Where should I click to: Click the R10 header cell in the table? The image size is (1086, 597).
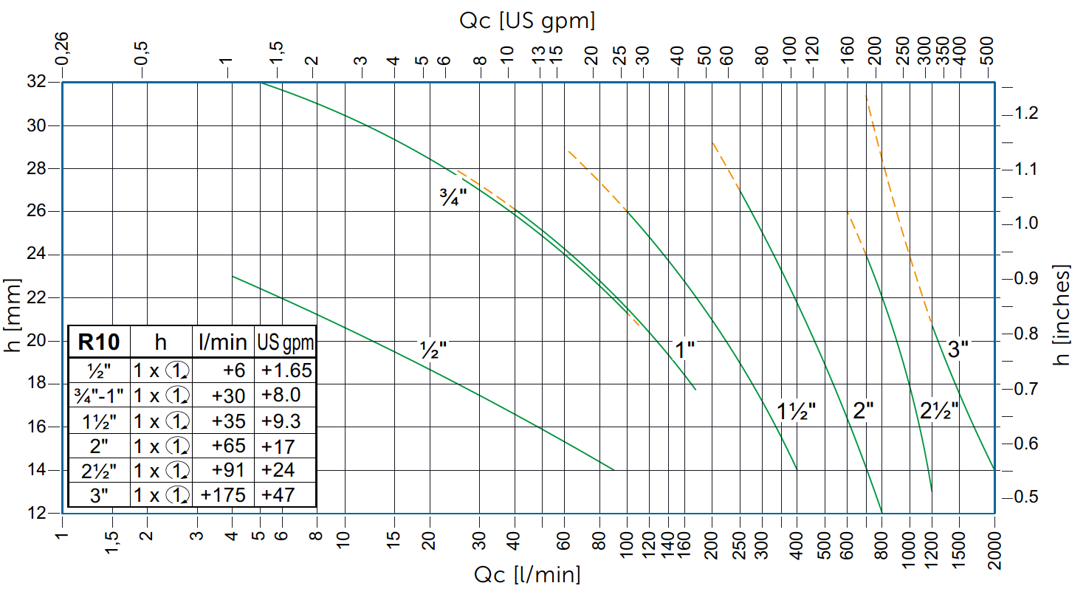coord(99,342)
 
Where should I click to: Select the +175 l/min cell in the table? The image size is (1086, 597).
coord(223,495)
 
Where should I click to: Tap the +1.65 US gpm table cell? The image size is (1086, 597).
coord(286,370)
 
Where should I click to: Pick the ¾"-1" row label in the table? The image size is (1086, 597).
coord(99,396)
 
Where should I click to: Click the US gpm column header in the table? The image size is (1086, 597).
coord(286,342)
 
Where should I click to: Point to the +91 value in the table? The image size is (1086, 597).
coord(228,470)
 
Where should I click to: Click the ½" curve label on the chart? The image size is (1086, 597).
coord(433,350)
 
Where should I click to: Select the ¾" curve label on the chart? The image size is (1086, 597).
coord(453,197)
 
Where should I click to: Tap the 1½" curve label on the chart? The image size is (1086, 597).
coord(797,412)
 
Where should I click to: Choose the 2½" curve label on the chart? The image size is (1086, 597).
coord(940,412)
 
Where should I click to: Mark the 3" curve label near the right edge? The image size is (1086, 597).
coord(958,349)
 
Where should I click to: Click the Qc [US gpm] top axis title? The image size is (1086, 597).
coord(527,21)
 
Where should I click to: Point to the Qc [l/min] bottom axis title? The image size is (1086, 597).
coord(527,575)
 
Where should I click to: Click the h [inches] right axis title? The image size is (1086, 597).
coord(1061,315)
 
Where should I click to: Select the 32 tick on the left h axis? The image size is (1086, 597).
coord(36,81)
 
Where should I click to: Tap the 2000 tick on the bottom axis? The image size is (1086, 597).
coord(994,551)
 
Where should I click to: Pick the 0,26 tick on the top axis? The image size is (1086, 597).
coord(62,49)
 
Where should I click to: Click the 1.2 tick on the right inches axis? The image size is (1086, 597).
coord(1026,114)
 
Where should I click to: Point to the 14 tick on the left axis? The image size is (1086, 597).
coord(36,469)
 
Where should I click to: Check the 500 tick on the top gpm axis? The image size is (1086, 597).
coord(988,51)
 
